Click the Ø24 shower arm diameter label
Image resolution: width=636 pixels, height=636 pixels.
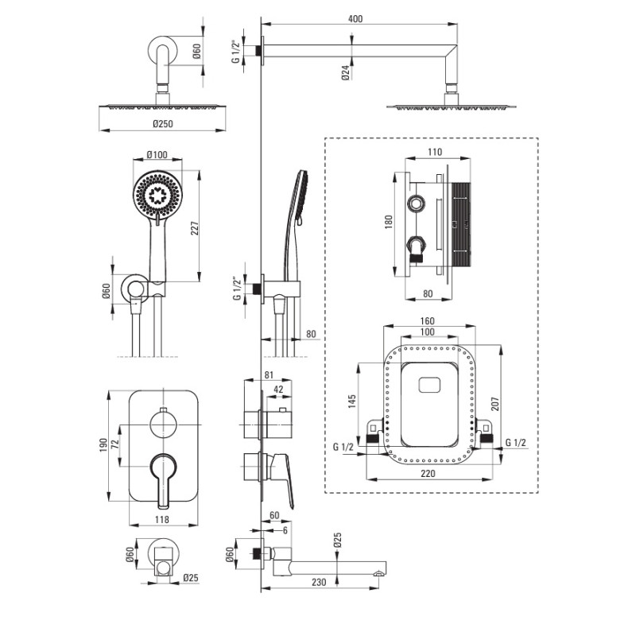(x=346, y=74)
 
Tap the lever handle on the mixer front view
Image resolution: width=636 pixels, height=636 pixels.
(x=164, y=477)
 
